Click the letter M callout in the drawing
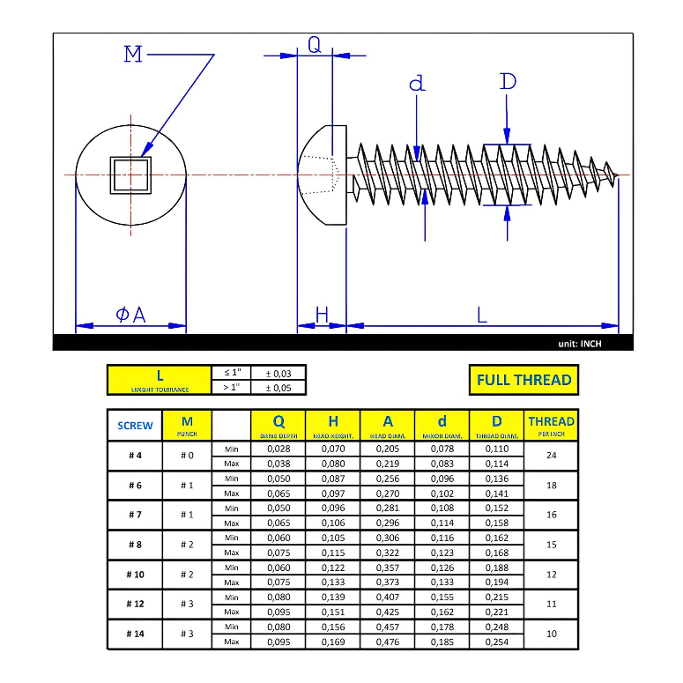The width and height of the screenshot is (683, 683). (133, 55)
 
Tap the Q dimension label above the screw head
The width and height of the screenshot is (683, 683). (315, 46)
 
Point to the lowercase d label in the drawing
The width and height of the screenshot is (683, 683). (417, 84)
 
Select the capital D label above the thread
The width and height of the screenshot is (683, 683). (508, 81)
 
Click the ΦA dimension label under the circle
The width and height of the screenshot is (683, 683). (130, 315)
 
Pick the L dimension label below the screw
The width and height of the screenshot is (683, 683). (482, 315)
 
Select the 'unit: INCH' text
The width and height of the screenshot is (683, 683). (579, 344)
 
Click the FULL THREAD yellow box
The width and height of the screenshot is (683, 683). (523, 380)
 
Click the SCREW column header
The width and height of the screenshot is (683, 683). (135, 426)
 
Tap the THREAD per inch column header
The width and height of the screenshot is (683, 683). (552, 425)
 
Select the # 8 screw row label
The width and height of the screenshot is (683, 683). (135, 545)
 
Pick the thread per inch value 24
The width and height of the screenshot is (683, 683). (552, 457)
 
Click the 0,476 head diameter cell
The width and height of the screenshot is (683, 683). (387, 642)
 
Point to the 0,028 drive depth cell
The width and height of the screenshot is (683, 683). (278, 449)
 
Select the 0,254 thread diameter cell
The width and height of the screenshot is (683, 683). (497, 642)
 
